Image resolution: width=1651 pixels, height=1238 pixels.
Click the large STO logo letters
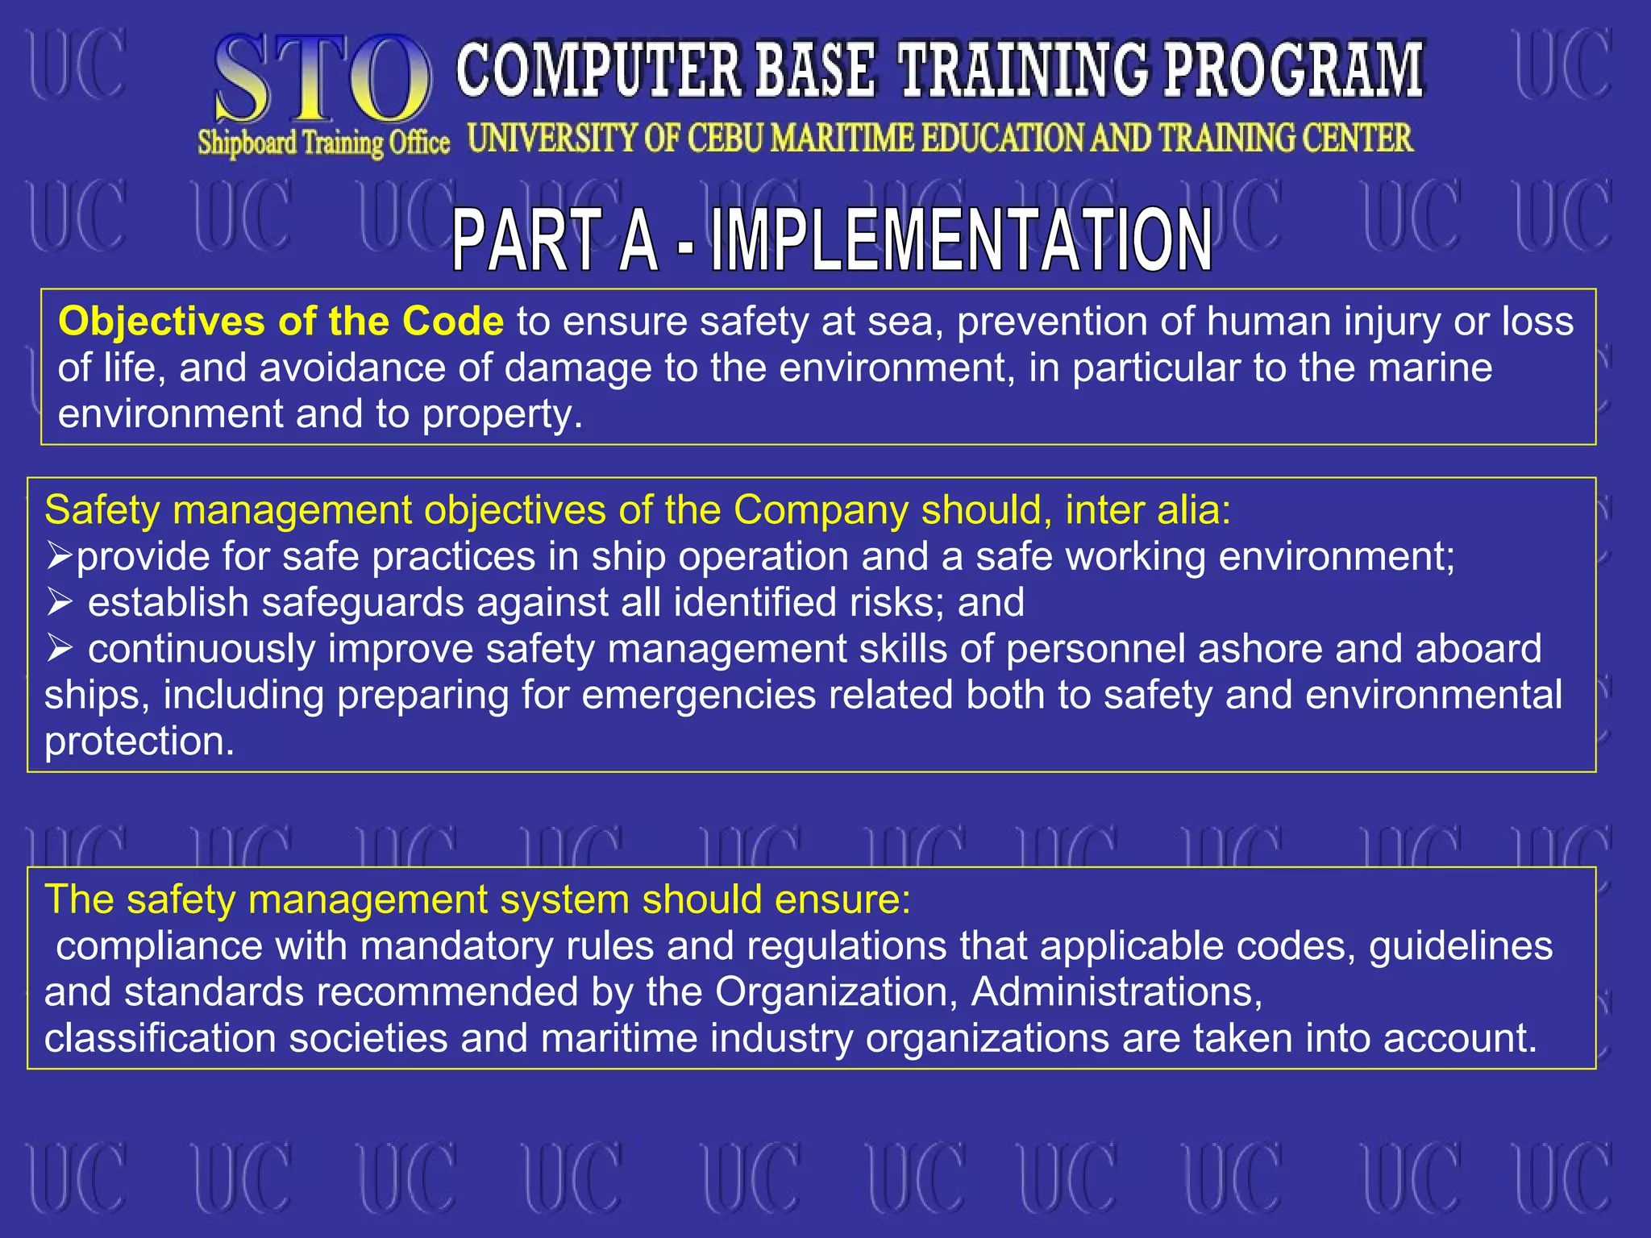[322, 81]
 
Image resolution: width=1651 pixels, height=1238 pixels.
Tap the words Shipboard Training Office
[323, 143]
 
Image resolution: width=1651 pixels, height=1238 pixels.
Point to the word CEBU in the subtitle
[725, 139]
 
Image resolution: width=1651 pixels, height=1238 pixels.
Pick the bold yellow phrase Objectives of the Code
[281, 322]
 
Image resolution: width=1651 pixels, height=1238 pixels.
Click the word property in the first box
[501, 414]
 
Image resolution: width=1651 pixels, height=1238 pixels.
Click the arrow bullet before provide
[59, 555]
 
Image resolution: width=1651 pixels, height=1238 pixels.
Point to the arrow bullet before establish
[59, 601]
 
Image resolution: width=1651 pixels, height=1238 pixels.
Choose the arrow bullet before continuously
[59, 648]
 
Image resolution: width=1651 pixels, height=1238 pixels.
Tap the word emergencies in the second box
[698, 696]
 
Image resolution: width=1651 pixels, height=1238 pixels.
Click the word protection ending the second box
[139, 742]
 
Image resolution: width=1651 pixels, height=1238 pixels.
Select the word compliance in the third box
[160, 946]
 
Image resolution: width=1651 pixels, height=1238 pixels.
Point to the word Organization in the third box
[836, 992]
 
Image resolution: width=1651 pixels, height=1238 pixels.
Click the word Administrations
[1117, 992]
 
